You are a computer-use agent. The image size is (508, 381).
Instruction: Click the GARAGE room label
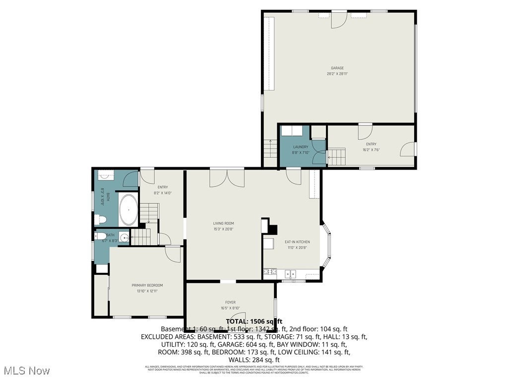pyautogui.click(x=337, y=68)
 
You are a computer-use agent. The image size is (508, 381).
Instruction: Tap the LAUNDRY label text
pyautogui.click(x=301, y=147)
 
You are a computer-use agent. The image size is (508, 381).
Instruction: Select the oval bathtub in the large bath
pyautogui.click(x=129, y=210)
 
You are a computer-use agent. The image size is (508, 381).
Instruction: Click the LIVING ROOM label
pyautogui.click(x=224, y=224)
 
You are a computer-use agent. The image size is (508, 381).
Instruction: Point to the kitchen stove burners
pyautogui.click(x=269, y=272)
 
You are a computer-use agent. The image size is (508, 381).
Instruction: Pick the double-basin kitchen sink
pyautogui.click(x=290, y=273)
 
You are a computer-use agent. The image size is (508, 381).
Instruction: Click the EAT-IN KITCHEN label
pyautogui.click(x=297, y=242)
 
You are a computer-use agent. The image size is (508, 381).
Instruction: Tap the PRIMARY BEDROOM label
pyautogui.click(x=147, y=285)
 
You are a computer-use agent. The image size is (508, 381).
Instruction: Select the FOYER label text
pyautogui.click(x=230, y=302)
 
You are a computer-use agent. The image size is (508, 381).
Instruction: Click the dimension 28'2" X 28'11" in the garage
pyautogui.click(x=337, y=74)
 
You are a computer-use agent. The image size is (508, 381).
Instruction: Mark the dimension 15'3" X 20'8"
pyautogui.click(x=224, y=229)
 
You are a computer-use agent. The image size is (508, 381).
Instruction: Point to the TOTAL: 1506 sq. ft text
pyautogui.click(x=254, y=321)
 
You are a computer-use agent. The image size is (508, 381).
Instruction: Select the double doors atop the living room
pyautogui.click(x=227, y=178)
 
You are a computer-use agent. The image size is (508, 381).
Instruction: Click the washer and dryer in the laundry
pyautogui.click(x=294, y=130)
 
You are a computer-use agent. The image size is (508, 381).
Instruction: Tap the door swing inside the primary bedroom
pyautogui.click(x=173, y=254)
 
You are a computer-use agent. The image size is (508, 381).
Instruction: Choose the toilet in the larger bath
pyautogui.click(x=101, y=218)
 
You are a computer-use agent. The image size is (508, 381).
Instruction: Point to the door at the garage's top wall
pyautogui.click(x=339, y=19)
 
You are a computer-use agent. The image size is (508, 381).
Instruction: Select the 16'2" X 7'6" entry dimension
pyautogui.click(x=371, y=150)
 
